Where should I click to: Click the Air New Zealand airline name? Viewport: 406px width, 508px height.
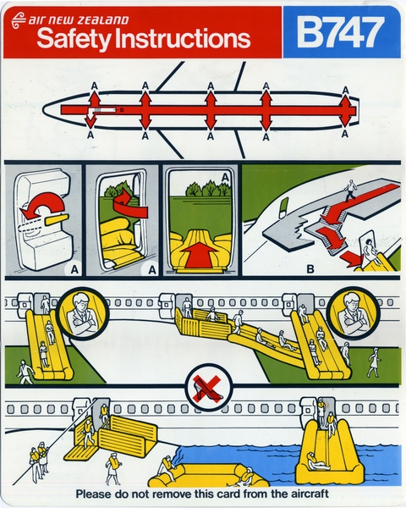[76, 18]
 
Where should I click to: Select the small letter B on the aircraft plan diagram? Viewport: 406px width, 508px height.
[122, 109]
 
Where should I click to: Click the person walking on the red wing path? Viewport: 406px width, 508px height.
[350, 189]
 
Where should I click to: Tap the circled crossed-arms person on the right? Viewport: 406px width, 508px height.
[349, 312]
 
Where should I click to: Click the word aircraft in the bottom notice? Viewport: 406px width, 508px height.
[303, 494]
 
